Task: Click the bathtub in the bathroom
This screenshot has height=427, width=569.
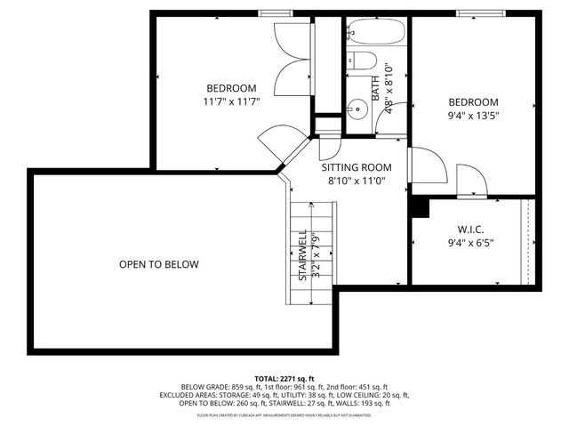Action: click(x=374, y=34)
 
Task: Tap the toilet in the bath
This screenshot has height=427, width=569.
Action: click(x=361, y=62)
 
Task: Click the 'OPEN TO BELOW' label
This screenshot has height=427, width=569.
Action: click(x=159, y=264)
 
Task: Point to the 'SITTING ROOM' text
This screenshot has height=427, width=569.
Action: click(x=357, y=167)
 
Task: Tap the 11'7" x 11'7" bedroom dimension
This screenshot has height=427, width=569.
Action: click(x=231, y=102)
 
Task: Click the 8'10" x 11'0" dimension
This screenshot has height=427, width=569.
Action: click(x=357, y=181)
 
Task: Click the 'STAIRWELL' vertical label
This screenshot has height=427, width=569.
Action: click(x=303, y=255)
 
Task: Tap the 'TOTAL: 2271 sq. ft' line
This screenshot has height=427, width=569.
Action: click(x=284, y=378)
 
